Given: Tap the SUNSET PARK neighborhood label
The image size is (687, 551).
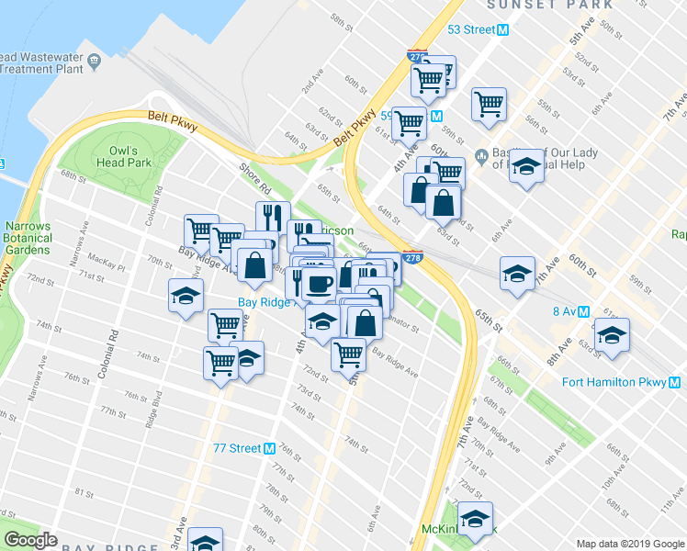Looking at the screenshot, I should point(550,5).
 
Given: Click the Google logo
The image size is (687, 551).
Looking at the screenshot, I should point(30,540).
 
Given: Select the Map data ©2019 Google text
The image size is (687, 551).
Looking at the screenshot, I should point(629,544).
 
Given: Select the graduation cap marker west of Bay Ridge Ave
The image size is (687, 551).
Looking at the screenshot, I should point(186,297).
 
